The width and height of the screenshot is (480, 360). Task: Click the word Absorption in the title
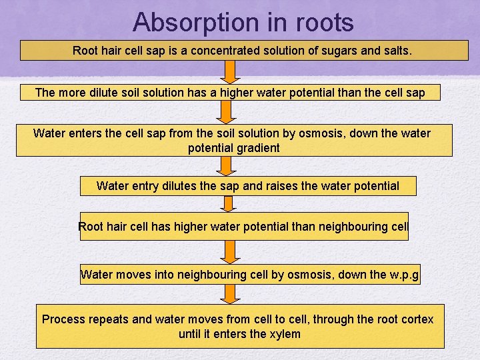pyautogui.click(x=185, y=22)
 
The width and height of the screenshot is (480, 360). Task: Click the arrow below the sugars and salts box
pyautogui.click(x=230, y=72)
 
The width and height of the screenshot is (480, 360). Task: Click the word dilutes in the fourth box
pyautogui.click(x=179, y=186)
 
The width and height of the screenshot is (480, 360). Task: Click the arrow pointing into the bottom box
pyautogui.click(x=230, y=294)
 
